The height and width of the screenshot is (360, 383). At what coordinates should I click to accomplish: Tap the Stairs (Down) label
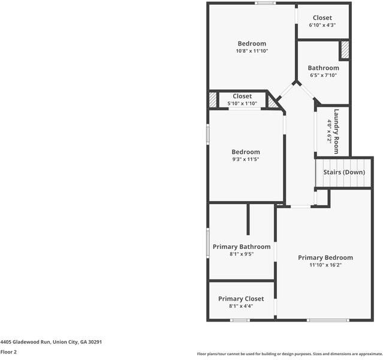pyautogui.click(x=344, y=172)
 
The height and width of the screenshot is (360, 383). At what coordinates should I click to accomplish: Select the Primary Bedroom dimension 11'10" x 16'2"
pyautogui.click(x=325, y=265)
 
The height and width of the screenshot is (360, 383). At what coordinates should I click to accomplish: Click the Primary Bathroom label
pyautogui.click(x=242, y=247)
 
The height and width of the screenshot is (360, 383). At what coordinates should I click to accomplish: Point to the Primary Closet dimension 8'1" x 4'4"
pyautogui.click(x=241, y=306)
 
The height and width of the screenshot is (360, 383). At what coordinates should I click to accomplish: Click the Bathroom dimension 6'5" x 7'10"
pyautogui.click(x=323, y=76)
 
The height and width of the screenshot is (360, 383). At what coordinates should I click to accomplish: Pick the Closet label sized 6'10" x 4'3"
pyautogui.click(x=322, y=18)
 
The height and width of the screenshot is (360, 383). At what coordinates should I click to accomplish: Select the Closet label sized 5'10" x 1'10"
pyautogui.click(x=242, y=96)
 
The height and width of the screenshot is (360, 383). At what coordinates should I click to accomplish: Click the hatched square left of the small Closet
pyautogui.click(x=212, y=100)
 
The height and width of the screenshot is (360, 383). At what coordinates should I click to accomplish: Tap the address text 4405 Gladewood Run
pyautogui.click(x=51, y=342)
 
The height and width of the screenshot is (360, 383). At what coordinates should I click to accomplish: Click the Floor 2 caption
pyautogui.click(x=8, y=352)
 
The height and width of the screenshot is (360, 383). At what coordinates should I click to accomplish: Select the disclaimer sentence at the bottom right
pyautogui.click(x=289, y=354)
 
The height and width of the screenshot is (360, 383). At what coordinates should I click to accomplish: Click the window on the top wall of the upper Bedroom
pyautogui.click(x=264, y=4)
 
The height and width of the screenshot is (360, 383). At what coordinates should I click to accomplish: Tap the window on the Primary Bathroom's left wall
pyautogui.click(x=208, y=242)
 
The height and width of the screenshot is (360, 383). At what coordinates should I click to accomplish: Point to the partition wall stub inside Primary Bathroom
pyautogui.click(x=248, y=220)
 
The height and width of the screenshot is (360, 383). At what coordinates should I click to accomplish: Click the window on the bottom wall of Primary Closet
pyautogui.click(x=240, y=320)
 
